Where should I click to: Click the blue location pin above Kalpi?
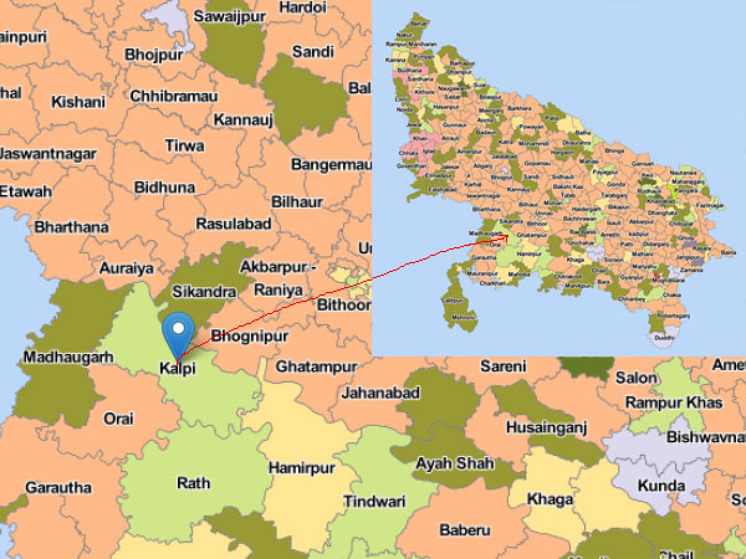pyautogui.click(x=178, y=329)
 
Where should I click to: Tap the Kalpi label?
pyautogui.click(x=177, y=368)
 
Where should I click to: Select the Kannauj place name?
pyautogui.click(x=243, y=119)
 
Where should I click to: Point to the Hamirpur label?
pyautogui.click(x=302, y=468)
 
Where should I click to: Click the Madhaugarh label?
pyautogui.click(x=68, y=357)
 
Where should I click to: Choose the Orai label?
pyautogui.click(x=119, y=419)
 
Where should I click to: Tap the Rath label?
pyautogui.click(x=193, y=483)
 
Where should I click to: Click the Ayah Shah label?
pyautogui.click(x=455, y=463)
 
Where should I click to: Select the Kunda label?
pyautogui.click(x=661, y=485)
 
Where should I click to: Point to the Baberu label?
pyautogui.click(x=464, y=530)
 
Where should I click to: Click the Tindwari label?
pyautogui.click(x=374, y=501)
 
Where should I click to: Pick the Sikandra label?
pyautogui.click(x=204, y=291)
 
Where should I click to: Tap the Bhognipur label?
pyautogui.click(x=250, y=337)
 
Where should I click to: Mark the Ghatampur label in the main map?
pyautogui.click(x=316, y=366)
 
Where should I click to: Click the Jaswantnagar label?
pyautogui.click(x=48, y=153)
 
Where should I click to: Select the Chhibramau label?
pyautogui.click(x=174, y=96)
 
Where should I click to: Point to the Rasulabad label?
pyautogui.click(x=233, y=224)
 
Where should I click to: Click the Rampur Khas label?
pyautogui.click(x=674, y=402)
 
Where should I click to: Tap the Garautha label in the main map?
pyautogui.click(x=58, y=488)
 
